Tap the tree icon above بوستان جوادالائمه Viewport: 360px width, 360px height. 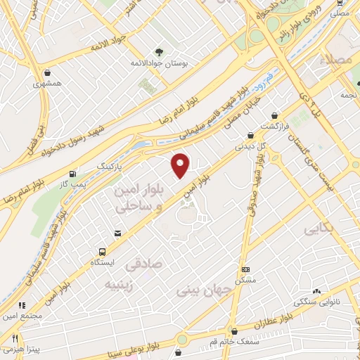click(159, 51)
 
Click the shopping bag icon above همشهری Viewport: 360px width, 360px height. click(47, 72)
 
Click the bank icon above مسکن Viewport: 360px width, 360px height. click(245, 269)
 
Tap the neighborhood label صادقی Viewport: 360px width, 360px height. click(141, 266)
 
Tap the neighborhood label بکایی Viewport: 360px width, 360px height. click(319, 229)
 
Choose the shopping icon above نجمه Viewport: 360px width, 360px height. click(345, 83)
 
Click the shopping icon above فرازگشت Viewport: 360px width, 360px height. click(274, 115)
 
